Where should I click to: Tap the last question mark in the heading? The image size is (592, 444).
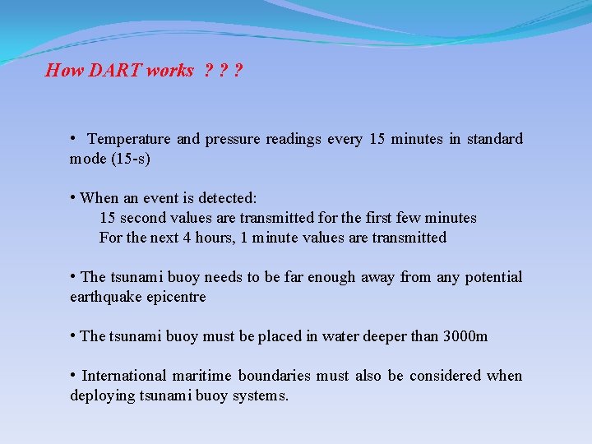[x=238, y=71]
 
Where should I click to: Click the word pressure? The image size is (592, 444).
[x=232, y=139]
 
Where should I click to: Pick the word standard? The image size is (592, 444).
[x=494, y=139]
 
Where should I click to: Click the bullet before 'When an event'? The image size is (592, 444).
[x=74, y=197]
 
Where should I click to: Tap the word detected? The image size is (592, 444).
[x=229, y=198]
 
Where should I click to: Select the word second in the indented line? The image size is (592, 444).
[x=143, y=218]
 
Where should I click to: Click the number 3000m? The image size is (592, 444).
[x=465, y=336]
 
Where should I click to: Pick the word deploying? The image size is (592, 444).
[x=104, y=395]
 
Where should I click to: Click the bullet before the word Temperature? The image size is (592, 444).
[x=74, y=137]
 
